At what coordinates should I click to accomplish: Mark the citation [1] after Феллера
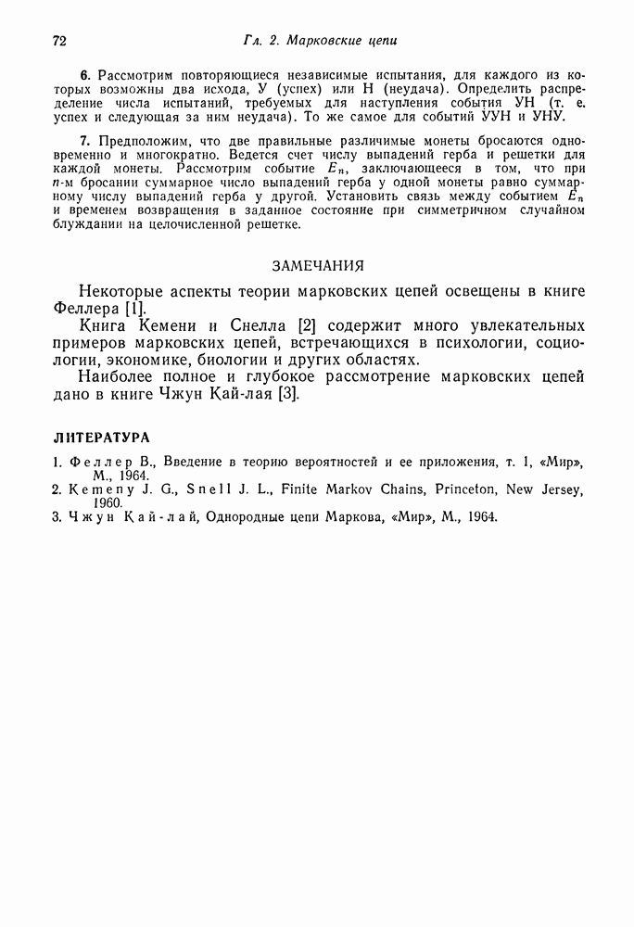click(x=135, y=308)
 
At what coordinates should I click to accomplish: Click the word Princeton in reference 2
click(x=431, y=489)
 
